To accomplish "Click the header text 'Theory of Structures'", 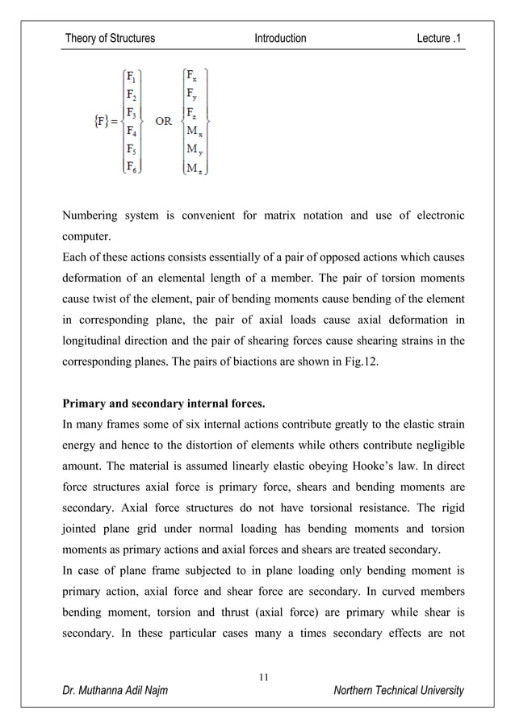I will pyautogui.click(x=110, y=38).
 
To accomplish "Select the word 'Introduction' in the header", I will pyautogui.click(x=280, y=38).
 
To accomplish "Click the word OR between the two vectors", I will pyautogui.click(x=163, y=122).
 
